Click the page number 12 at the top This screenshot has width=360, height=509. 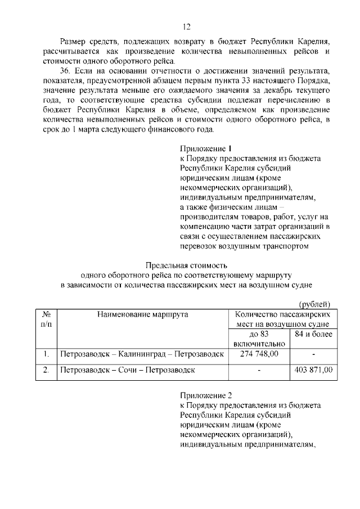pyautogui.click(x=187, y=26)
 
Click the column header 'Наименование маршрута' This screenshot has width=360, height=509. pyautogui.click(x=142, y=314)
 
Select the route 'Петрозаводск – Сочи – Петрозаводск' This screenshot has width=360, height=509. pyautogui.click(x=128, y=370)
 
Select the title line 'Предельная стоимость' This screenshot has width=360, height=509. pyautogui.click(x=186, y=265)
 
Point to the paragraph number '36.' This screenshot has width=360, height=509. pyautogui.click(x=67, y=73)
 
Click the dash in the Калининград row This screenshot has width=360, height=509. pyautogui.click(x=313, y=354)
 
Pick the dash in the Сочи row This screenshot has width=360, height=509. pyautogui.click(x=259, y=370)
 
